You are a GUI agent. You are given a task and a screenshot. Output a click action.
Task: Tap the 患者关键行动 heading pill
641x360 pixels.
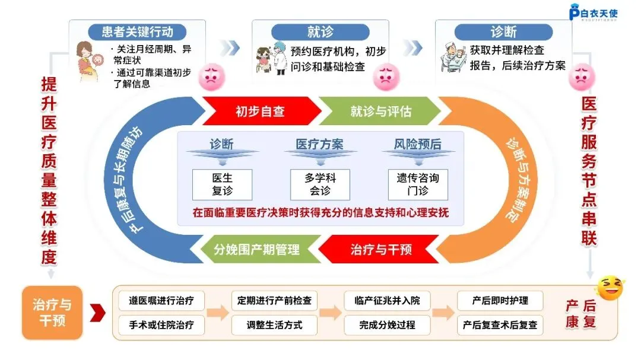(138, 31)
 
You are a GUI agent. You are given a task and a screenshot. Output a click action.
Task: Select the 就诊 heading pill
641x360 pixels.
(320, 31)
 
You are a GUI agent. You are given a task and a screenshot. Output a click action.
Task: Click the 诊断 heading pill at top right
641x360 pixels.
(503, 31)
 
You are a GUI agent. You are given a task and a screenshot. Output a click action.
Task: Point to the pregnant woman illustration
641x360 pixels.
(90, 59)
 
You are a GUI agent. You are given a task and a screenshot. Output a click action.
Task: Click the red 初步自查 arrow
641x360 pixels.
(259, 111)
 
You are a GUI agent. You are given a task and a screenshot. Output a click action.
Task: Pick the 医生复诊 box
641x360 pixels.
(222, 184)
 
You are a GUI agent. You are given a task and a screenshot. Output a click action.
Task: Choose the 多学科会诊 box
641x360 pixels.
(320, 184)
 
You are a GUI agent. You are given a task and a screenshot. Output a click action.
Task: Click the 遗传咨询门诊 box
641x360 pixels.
(418, 184)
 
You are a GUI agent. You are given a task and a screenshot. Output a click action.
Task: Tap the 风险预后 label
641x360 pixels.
(418, 144)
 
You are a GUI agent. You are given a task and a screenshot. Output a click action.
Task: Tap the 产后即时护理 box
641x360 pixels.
(500, 301)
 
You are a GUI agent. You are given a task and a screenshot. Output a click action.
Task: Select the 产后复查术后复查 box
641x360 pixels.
(500, 325)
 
